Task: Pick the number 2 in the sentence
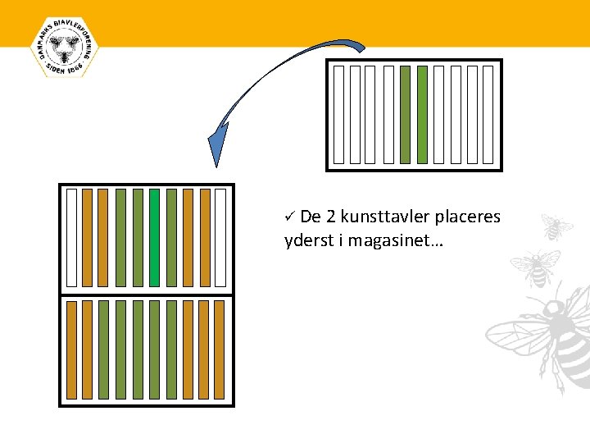click(331, 217)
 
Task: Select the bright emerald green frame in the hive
click(154, 238)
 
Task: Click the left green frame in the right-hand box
click(405, 114)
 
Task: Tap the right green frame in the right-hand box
click(422, 114)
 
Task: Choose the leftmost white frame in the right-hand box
click(338, 114)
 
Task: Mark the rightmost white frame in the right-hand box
click(488, 114)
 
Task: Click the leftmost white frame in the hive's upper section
click(71, 238)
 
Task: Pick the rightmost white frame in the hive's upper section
click(220, 238)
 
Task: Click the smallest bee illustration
click(556, 227)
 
